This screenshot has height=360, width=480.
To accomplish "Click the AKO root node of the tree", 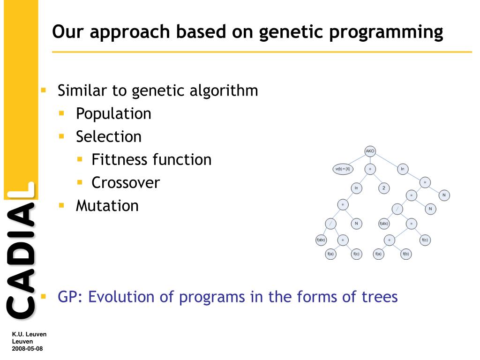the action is coord(370,151).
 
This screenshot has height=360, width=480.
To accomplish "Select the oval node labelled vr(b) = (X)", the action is coord(343,169).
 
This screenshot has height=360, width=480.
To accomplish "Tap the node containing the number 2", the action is coord(384,188).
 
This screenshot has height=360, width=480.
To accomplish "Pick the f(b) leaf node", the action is coord(405,254).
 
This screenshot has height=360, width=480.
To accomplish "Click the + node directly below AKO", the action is coord(370,169).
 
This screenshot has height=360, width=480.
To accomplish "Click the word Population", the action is coord(113,114).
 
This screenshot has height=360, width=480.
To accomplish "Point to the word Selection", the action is coord(109,136).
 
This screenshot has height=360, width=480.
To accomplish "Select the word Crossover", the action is coord(126,183).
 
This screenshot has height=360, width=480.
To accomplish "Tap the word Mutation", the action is coord(107,206).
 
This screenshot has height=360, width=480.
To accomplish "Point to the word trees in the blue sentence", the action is coord(380,297).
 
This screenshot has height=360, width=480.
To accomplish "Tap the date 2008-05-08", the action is coord(27,348).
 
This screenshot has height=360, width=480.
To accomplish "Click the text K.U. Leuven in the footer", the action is coord(29,334).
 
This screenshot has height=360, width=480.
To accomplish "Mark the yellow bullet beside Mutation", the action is coord(61,205).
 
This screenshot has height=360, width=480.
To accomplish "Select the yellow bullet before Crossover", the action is coord(80,182).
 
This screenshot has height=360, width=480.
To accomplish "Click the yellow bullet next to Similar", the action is coord(44,90).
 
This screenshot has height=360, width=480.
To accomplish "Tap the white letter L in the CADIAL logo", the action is coord(22,190).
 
